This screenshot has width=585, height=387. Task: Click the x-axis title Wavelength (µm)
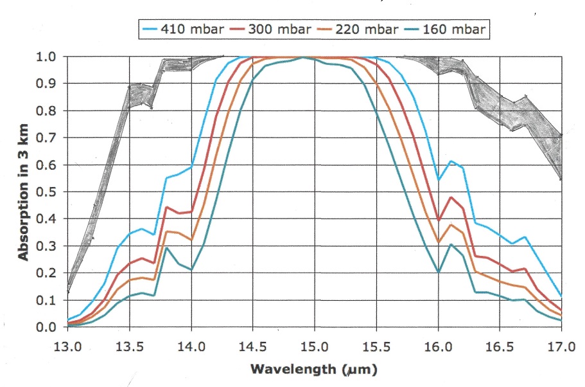click(315, 370)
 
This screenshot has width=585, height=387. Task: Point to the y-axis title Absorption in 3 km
click(23, 192)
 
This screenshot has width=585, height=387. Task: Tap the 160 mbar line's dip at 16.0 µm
click(439, 272)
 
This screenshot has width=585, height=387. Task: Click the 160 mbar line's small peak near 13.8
click(166, 248)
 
